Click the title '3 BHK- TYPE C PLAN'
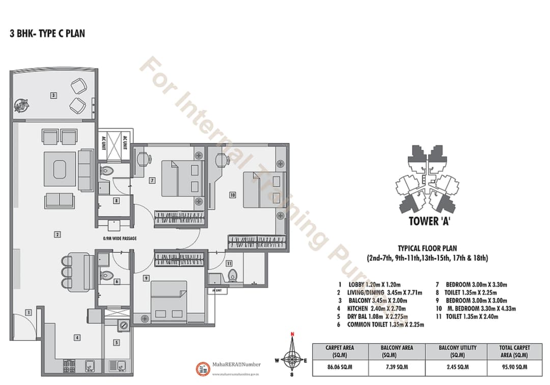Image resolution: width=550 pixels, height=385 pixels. pyautogui.click(x=47, y=34)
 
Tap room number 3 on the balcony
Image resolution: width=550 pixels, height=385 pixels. pyautogui.click(x=53, y=95)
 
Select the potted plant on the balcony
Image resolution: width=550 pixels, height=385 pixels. pyautogui.click(x=22, y=105)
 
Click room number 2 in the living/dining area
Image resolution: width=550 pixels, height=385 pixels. pyautogui.click(x=58, y=234)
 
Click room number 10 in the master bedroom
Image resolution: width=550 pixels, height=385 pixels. pyautogui.click(x=232, y=195)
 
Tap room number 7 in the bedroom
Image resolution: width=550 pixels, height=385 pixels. pyautogui.click(x=152, y=180)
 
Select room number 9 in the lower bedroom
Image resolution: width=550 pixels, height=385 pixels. pyautogui.click(x=146, y=278)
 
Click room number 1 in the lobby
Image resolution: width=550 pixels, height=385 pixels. pyautogui.click(x=29, y=312)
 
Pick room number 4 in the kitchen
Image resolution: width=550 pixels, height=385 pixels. pyautogui.click(x=77, y=337)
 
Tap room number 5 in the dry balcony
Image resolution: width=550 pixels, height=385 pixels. pyautogui.click(x=116, y=343)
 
